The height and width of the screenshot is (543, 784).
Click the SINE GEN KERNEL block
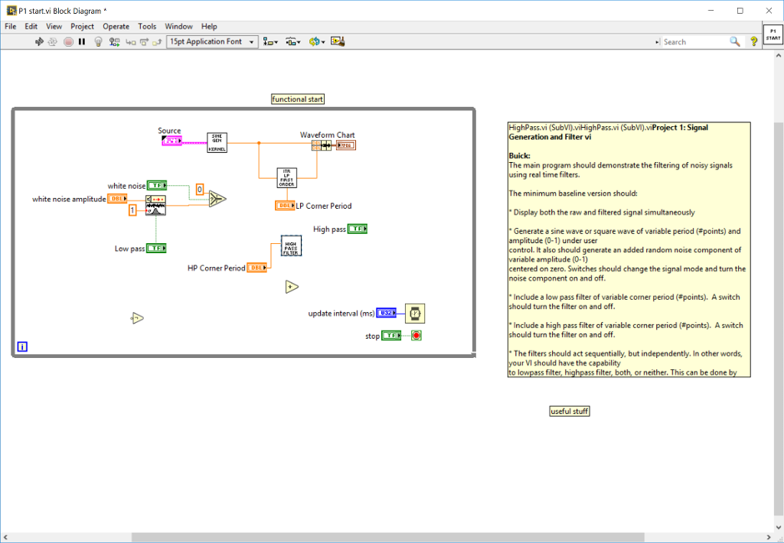pyautogui.click(x=217, y=143)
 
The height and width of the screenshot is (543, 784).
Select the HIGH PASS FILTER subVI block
pyautogui.click(x=291, y=245)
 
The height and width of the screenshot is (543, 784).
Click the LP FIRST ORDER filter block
pyautogui.click(x=286, y=177)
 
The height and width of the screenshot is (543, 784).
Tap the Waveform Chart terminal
pyautogui.click(x=345, y=145)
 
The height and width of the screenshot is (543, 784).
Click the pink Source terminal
pyautogui.click(x=171, y=141)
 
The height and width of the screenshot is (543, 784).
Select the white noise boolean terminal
pyautogui.click(x=157, y=185)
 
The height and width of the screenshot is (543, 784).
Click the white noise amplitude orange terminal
pyautogui.click(x=118, y=199)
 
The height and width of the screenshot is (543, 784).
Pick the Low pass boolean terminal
pyautogui.click(x=157, y=248)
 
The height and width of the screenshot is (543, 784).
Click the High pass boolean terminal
pyautogui.click(x=358, y=229)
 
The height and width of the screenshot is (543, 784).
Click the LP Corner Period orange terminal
pyautogui.click(x=285, y=206)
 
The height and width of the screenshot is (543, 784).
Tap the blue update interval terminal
pyautogui.click(x=386, y=313)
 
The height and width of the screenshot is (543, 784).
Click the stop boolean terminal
pyautogui.click(x=391, y=336)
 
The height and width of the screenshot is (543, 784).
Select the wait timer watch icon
pyautogui.click(x=415, y=313)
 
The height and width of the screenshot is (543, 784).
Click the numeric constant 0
pyautogui.click(x=199, y=189)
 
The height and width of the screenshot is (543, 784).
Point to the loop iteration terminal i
pyautogui.click(x=22, y=346)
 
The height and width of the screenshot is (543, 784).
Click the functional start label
pyautogui.click(x=298, y=99)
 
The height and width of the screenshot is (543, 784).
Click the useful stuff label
pyautogui.click(x=570, y=411)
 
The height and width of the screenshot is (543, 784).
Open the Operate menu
pyautogui.click(x=116, y=26)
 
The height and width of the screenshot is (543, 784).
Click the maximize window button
pyautogui.click(x=740, y=11)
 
